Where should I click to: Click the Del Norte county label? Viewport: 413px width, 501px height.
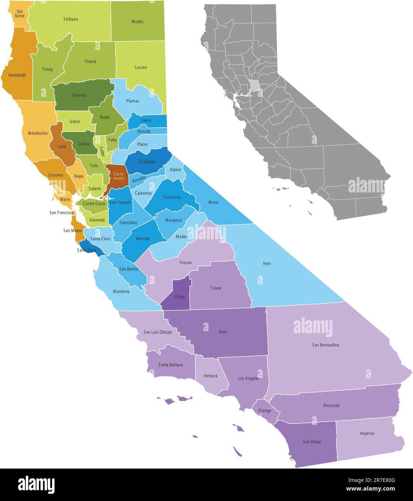[20, 13]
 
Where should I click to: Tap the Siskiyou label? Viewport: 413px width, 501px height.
[70, 19]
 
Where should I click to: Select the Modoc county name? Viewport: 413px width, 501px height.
[138, 22]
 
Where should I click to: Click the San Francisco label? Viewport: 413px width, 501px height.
[62, 213]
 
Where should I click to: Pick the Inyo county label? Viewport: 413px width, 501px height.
[266, 263]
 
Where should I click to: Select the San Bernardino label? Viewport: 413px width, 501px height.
[326, 345]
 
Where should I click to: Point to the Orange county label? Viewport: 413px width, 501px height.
[265, 411]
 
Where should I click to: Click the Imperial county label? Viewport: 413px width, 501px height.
[367, 433]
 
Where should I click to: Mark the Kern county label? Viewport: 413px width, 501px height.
[223, 332]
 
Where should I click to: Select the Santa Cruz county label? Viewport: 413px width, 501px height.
[87, 250]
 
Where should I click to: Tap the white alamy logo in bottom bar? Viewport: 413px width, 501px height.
[36, 484]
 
